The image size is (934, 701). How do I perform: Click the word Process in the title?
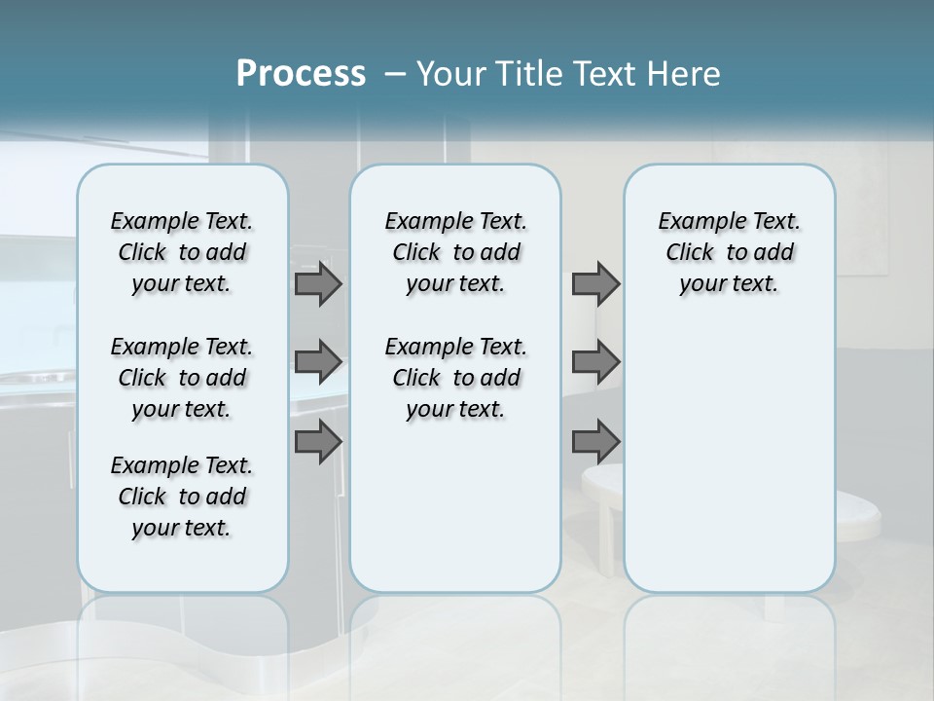tap(301, 74)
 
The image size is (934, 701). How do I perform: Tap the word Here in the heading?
tap(682, 74)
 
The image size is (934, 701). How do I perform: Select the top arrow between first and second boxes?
tap(318, 284)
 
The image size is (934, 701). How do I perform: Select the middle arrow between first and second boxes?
tap(318, 362)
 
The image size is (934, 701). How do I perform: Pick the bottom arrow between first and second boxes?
tap(318, 442)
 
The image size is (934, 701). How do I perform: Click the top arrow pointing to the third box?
tap(595, 284)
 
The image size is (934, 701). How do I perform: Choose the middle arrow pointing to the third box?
tap(595, 362)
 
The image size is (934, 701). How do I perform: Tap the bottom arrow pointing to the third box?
tap(595, 442)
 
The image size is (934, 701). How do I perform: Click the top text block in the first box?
tap(182, 252)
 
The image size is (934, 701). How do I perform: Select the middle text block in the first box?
tap(182, 378)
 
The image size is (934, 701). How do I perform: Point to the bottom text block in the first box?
tap(182, 497)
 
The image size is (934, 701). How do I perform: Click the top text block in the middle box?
tap(455, 252)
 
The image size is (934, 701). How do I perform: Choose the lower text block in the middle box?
tap(455, 378)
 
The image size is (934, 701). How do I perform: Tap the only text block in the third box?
tap(729, 252)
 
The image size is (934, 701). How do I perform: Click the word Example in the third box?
tap(694, 222)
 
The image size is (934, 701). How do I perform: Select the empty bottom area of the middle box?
tap(455, 516)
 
